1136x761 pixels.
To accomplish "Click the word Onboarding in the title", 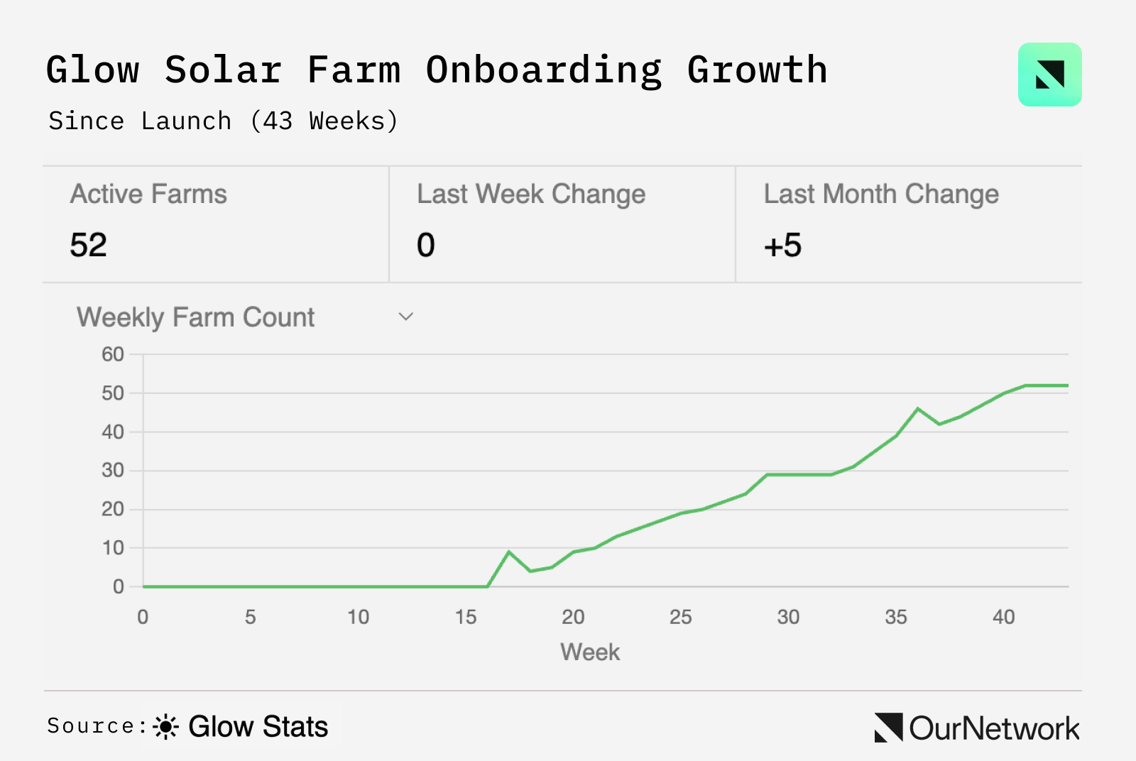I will (x=543, y=71).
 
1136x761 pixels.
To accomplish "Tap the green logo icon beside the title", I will (x=1049, y=75).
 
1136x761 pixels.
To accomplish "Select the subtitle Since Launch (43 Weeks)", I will (x=223, y=121).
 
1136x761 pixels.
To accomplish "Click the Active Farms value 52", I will (x=89, y=246).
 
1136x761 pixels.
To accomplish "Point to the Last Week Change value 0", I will (x=426, y=246).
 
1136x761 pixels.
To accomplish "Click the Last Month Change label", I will (x=881, y=194).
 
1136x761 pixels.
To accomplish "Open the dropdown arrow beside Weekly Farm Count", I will (x=405, y=317).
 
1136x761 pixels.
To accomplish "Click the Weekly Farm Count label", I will (x=195, y=317).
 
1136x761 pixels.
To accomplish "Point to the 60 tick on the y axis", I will (x=113, y=354).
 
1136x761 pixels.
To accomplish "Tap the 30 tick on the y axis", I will (x=113, y=471).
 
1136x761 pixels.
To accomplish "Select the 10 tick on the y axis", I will (x=113, y=548).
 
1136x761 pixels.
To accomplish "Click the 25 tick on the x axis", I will (x=680, y=617).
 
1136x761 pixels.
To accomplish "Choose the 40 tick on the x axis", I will (x=1003, y=617).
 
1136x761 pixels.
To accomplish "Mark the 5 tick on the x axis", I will (x=251, y=617).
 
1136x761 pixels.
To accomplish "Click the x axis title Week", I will (x=590, y=652).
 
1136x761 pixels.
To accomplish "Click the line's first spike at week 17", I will (x=509, y=552).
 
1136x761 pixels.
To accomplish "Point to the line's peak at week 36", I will (x=918, y=409).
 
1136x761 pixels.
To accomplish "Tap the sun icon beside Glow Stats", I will (x=166, y=727).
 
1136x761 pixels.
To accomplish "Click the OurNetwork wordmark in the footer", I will (x=993, y=728).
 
